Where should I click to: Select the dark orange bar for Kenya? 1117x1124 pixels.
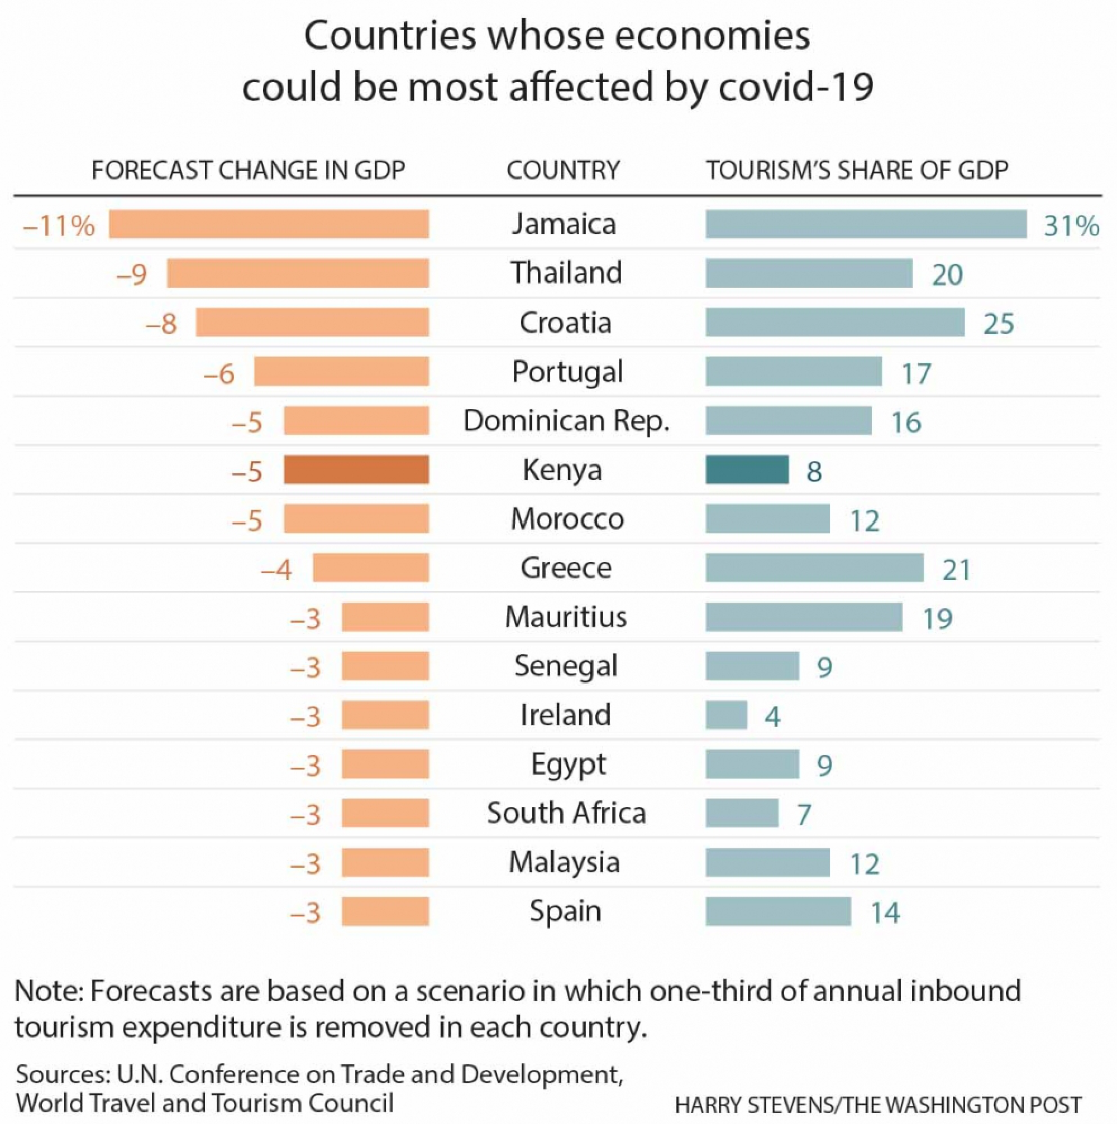pos(356,469)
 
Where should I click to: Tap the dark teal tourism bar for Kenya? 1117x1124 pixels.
pos(747,469)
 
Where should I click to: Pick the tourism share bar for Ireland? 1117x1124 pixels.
pos(726,715)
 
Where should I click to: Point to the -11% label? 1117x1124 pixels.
pos(59,225)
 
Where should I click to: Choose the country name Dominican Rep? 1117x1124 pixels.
pos(566,421)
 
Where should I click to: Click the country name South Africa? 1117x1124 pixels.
pos(566,813)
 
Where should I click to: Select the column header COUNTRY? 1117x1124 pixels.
pos(563,170)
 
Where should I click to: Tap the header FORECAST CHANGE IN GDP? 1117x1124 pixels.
pos(248,170)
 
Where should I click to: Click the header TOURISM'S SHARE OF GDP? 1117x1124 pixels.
pos(857,170)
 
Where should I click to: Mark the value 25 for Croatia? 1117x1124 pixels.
pos(998,324)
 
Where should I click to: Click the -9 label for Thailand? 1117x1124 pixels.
pos(132,274)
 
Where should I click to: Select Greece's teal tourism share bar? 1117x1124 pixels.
pos(814,568)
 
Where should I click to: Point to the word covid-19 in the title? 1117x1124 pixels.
pos(796,87)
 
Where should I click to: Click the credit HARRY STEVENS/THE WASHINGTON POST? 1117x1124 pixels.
pos(878,1104)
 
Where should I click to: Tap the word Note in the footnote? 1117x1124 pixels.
pos(46,991)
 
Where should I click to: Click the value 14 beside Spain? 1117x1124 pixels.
pos(885,912)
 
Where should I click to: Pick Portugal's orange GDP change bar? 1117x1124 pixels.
pos(341,372)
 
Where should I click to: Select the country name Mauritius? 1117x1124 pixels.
pos(566,617)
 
